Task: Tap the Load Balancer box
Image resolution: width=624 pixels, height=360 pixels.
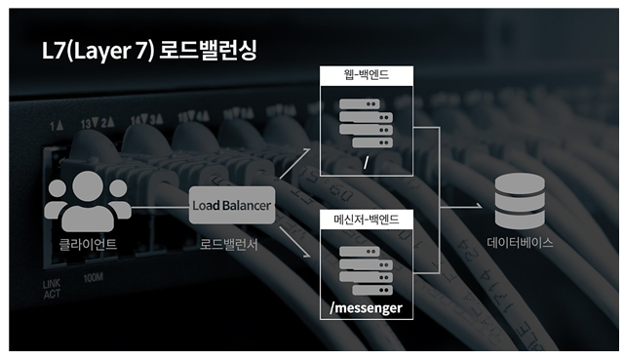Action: [231, 206]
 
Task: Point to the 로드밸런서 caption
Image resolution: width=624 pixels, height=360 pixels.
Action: [231, 244]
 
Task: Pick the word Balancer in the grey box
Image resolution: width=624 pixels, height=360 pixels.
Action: [246, 206]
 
